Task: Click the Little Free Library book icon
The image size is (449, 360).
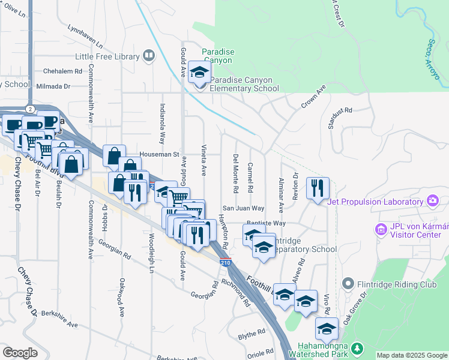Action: point(149,56)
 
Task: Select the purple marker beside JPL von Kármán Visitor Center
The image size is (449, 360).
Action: point(379,229)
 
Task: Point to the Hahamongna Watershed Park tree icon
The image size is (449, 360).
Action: point(357,348)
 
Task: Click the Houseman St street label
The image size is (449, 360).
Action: point(160,154)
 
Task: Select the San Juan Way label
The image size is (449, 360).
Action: point(244,208)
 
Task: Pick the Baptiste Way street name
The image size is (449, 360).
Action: point(266,223)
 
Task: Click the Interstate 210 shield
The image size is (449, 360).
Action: point(225,262)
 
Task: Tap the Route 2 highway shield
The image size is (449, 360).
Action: point(30,108)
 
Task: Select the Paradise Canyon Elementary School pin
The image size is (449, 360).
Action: point(198,73)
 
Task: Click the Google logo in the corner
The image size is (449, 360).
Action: point(20,352)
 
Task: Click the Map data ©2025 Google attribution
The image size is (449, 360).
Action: point(412,355)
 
